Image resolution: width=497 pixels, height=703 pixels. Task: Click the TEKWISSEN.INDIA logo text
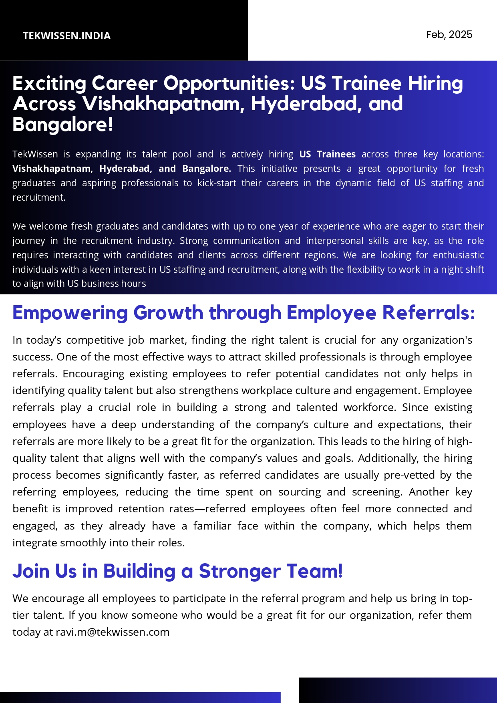(66, 36)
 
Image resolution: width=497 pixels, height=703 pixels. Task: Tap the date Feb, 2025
(449, 34)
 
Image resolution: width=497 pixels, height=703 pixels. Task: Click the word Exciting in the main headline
(49, 83)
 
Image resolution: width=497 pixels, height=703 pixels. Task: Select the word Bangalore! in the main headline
(63, 124)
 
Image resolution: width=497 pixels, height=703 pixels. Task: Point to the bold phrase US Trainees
(327, 154)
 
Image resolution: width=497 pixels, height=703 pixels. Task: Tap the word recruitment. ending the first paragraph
(39, 197)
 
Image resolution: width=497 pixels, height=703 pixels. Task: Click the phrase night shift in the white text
(463, 270)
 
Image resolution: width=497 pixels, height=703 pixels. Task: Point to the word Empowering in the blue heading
(70, 313)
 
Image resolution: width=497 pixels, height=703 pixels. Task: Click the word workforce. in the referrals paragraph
(370, 407)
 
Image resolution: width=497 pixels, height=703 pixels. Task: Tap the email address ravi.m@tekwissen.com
(113, 632)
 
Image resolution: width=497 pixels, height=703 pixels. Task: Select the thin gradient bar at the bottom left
(140, 697)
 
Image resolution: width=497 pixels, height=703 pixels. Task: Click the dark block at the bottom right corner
(398, 690)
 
